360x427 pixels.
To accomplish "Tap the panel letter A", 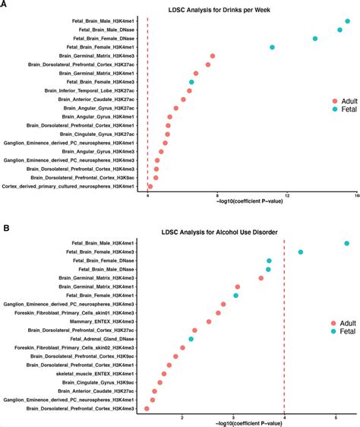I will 6,5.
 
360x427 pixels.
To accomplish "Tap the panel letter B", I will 6,227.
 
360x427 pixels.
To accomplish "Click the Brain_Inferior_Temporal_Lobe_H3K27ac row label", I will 90,90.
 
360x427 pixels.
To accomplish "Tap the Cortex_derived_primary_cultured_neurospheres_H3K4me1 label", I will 68,186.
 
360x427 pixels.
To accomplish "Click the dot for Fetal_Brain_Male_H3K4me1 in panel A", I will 347,21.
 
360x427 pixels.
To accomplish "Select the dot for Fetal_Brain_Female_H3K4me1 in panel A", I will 272,47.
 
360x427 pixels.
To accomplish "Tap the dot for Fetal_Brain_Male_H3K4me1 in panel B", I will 346,243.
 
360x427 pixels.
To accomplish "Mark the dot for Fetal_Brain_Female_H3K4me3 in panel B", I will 301,252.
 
